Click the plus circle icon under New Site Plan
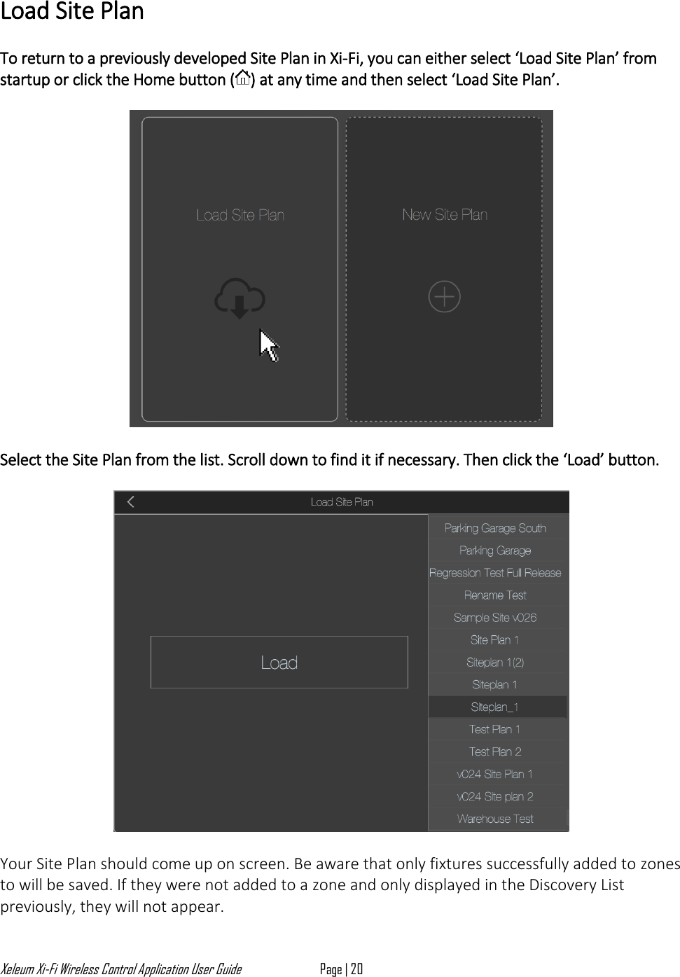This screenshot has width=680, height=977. click(x=444, y=297)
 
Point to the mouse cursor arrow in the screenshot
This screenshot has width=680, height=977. click(x=269, y=345)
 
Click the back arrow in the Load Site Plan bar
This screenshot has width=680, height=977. click(x=131, y=501)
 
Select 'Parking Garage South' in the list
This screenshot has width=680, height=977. click(x=495, y=528)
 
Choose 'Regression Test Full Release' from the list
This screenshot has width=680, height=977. click(x=495, y=573)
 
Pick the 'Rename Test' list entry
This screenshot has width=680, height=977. click(x=495, y=595)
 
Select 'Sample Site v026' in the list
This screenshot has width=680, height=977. click(x=495, y=618)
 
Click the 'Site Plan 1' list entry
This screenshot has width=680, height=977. click(x=495, y=640)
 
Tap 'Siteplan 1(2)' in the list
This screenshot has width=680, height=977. click(x=495, y=663)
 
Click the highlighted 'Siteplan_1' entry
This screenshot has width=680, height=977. click(x=495, y=707)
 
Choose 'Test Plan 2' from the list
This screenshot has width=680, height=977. click(x=495, y=752)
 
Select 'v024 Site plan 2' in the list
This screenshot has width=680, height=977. click(x=495, y=797)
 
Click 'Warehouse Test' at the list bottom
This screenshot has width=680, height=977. click(x=495, y=819)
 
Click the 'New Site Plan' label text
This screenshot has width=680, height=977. click(x=445, y=215)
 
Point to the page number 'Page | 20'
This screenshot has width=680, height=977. click(x=341, y=969)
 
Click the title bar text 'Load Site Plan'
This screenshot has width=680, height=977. click(x=342, y=502)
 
